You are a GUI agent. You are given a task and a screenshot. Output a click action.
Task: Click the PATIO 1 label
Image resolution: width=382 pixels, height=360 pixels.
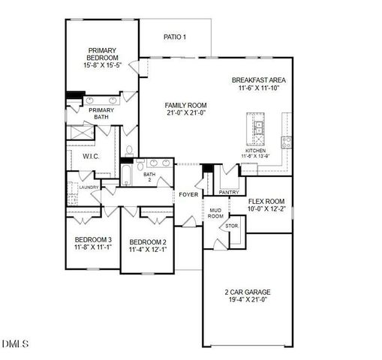point(174,37)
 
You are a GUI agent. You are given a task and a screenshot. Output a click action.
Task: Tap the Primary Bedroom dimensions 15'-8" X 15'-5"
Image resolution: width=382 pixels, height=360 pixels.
point(102,66)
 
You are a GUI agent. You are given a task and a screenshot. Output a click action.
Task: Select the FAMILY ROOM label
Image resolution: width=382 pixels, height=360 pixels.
point(186,105)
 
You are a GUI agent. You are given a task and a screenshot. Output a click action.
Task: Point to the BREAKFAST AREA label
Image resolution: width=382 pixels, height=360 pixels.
point(258,80)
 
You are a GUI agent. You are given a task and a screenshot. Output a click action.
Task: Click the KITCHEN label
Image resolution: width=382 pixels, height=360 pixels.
point(257,151)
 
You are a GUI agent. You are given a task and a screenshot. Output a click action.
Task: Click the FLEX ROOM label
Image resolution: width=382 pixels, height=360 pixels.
point(266,201)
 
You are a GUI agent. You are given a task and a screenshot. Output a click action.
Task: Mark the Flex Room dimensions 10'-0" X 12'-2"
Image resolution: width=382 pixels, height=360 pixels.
point(266,209)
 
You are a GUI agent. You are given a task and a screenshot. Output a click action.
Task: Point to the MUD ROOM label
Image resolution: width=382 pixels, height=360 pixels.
point(215,213)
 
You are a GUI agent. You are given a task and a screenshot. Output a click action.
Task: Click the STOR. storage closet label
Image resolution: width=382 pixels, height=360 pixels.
point(232,225)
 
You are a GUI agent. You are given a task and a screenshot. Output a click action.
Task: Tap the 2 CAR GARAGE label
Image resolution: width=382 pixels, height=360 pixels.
point(247,292)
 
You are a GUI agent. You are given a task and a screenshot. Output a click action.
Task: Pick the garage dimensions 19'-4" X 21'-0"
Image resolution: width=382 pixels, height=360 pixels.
point(247,301)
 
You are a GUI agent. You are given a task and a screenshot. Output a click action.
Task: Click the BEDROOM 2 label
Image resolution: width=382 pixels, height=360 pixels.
point(147,241)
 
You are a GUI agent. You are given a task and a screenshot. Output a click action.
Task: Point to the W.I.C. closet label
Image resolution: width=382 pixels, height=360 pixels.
point(92,156)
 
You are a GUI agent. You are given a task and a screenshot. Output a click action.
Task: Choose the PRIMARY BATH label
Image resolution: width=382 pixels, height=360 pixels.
point(101,113)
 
